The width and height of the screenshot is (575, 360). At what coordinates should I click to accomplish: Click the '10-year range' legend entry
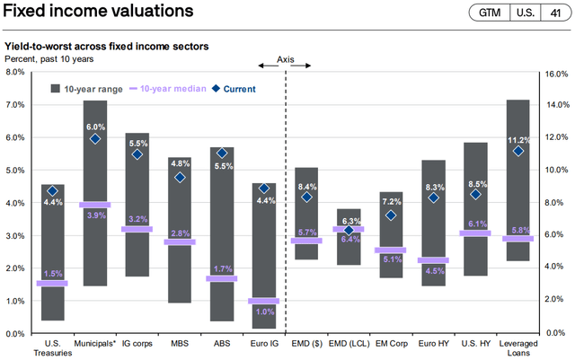coord(90,89)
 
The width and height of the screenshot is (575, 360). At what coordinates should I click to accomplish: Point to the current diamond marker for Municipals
coord(95,139)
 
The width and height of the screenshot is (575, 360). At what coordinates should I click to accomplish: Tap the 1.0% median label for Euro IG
coord(264,312)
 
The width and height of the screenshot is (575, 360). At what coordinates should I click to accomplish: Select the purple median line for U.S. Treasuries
coord(52,283)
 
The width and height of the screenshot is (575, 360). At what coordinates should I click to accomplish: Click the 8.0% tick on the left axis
coord(15,72)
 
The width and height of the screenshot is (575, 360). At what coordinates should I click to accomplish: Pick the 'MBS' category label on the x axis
coord(180,344)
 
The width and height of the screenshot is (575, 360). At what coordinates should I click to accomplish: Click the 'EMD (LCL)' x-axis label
coord(349,344)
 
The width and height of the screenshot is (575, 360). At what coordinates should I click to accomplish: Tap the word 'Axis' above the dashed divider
coord(285,59)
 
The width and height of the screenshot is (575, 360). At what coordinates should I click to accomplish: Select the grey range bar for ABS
coord(222,233)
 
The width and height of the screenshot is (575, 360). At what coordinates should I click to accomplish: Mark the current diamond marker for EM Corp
coord(391,215)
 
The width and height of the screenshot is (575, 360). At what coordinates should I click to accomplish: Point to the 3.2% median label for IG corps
coord(137,219)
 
